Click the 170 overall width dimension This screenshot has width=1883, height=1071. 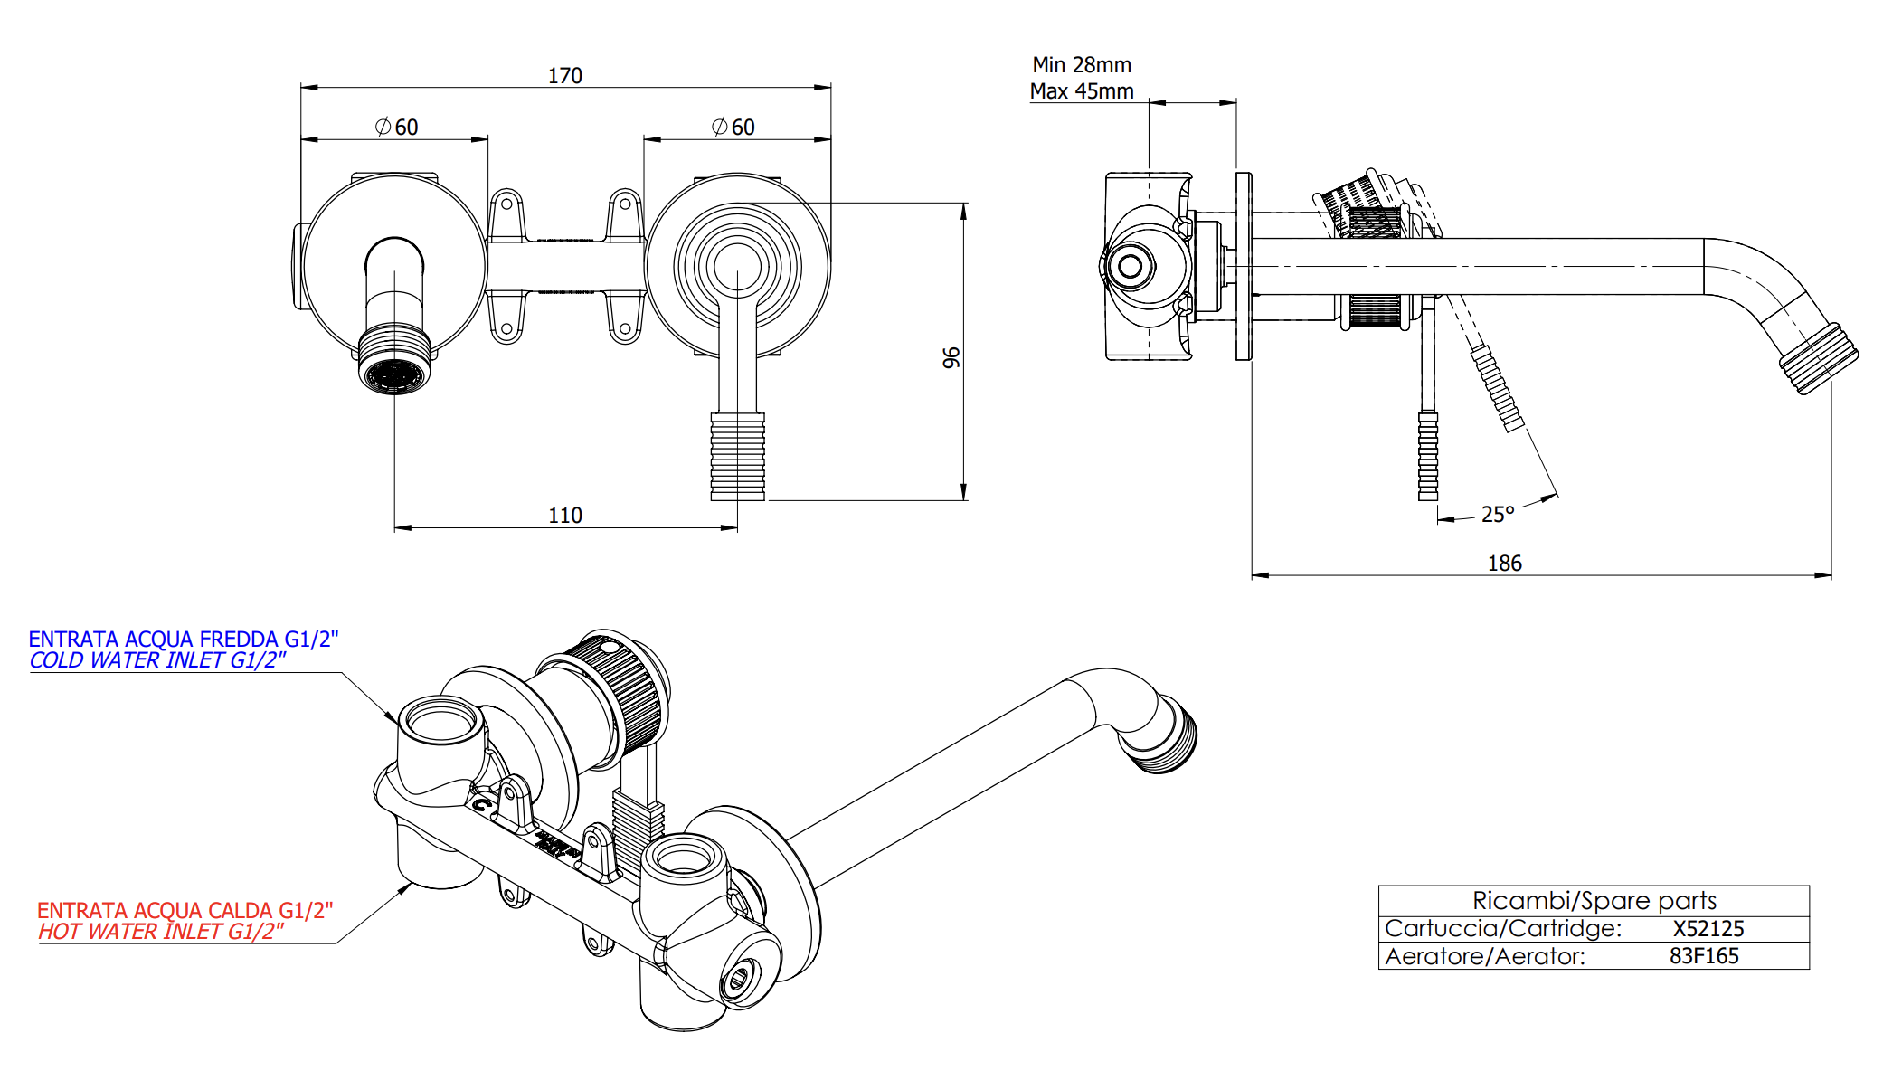[565, 76]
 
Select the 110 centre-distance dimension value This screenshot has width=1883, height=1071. [565, 516]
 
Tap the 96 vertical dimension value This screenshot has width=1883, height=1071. [951, 358]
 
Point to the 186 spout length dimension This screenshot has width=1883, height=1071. [1505, 564]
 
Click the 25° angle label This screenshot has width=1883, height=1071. [1498, 515]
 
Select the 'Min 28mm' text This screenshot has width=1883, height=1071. [1082, 65]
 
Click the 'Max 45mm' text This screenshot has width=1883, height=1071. [1082, 91]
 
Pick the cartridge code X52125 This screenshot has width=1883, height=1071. [1708, 929]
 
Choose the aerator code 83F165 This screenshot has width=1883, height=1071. [1704, 956]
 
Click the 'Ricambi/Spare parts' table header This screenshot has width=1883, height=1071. [1594, 901]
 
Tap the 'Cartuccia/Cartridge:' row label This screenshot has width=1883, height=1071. [1503, 929]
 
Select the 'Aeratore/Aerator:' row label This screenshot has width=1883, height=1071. [1485, 956]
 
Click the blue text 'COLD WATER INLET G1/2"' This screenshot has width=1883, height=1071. [157, 661]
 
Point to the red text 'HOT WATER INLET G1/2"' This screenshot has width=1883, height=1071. [160, 932]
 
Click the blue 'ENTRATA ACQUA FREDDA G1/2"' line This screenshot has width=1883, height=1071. [183, 640]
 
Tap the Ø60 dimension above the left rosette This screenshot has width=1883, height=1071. [397, 128]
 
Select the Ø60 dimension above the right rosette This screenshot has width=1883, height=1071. [733, 128]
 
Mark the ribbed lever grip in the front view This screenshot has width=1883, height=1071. [737, 457]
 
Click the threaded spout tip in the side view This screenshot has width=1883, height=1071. [1819, 359]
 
